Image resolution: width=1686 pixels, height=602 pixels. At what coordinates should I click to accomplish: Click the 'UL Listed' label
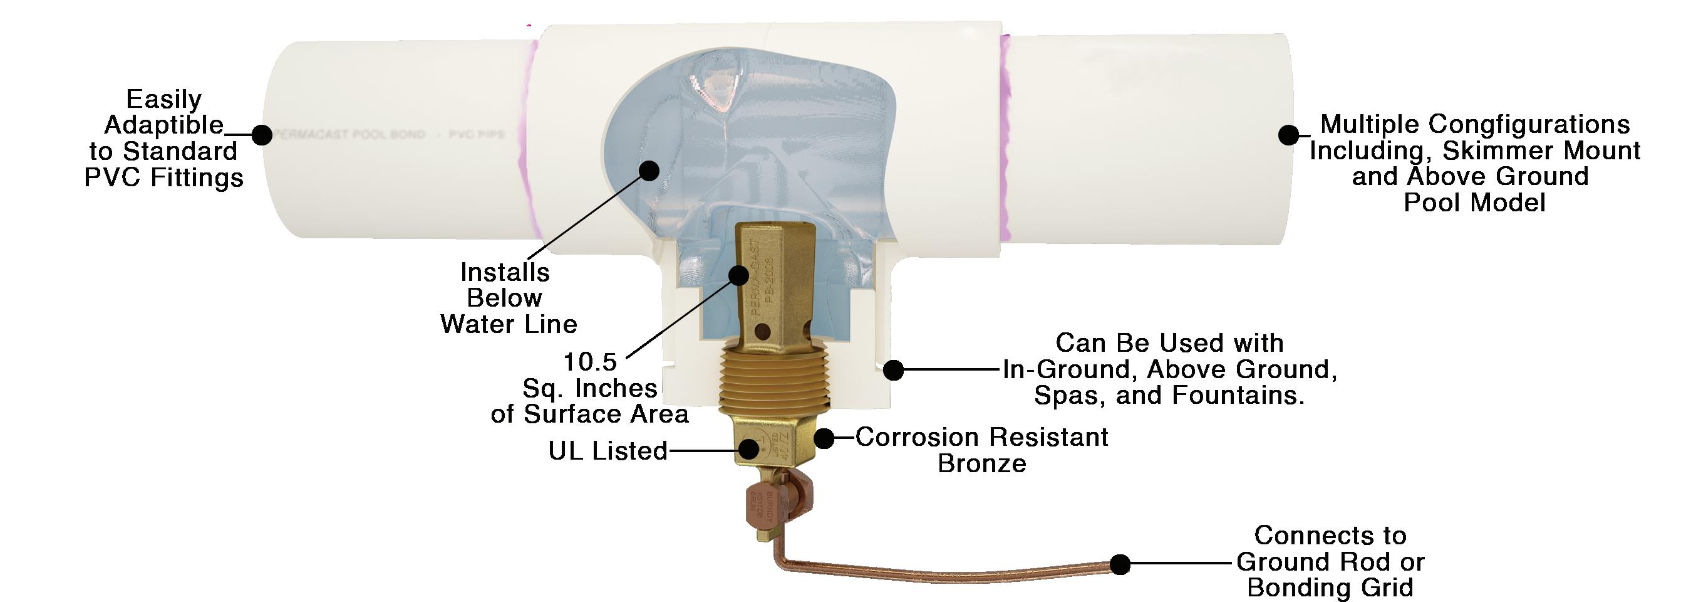608,451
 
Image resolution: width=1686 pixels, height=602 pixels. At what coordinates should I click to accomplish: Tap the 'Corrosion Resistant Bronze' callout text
981,450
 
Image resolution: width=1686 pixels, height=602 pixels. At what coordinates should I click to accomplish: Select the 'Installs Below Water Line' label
507,298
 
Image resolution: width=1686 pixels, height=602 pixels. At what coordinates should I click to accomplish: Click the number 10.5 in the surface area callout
590,362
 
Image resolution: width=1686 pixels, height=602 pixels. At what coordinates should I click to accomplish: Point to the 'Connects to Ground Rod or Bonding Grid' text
1330,561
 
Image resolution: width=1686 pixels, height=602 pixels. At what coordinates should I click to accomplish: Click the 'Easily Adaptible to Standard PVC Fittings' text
163,138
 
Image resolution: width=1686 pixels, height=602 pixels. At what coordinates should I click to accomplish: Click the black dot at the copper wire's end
1120,563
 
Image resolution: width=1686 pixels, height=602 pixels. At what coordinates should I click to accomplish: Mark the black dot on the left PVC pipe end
262,135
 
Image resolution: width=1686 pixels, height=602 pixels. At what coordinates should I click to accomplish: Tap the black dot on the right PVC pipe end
1288,135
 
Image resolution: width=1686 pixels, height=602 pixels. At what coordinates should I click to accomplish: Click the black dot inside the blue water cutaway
649,171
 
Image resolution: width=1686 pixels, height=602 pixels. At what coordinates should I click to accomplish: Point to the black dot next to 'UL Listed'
749,449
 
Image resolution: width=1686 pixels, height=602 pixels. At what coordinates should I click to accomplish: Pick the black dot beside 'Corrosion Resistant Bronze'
824,438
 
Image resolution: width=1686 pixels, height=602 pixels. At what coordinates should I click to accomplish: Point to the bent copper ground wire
929,569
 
